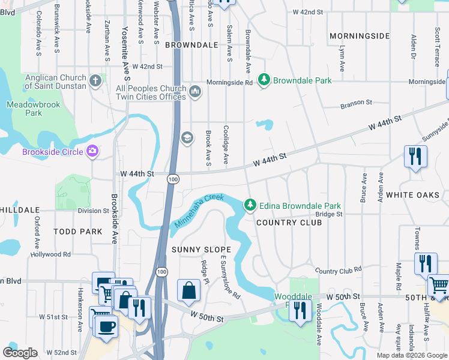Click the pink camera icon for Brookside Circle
(x=92, y=151)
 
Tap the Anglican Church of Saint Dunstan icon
(x=95, y=80)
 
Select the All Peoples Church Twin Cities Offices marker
(x=194, y=92)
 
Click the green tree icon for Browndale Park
(x=263, y=80)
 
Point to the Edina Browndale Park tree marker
(x=250, y=206)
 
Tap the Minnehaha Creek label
(x=199, y=211)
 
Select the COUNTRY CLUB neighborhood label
(x=289, y=223)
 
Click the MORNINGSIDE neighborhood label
(x=360, y=36)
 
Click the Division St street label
(x=93, y=211)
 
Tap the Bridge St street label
(x=330, y=214)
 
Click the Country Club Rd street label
(x=339, y=271)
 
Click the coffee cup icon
(x=107, y=326)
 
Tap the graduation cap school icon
(x=187, y=139)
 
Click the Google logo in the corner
(x=20, y=353)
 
